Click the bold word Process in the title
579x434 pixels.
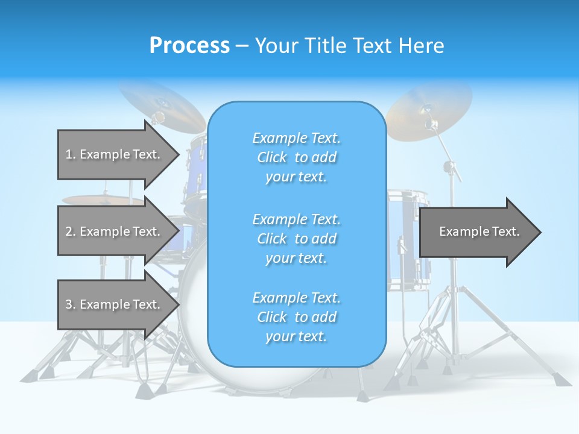pyautogui.click(x=189, y=46)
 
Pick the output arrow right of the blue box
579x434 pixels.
pyautogui.click(x=479, y=231)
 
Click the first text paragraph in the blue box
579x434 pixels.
pyautogui.click(x=296, y=157)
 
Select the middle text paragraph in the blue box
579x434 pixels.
pyautogui.click(x=296, y=239)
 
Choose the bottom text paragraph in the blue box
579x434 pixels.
pyautogui.click(x=296, y=317)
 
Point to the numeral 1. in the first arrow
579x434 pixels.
pyautogui.click(x=71, y=154)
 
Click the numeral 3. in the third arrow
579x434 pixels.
pyautogui.click(x=71, y=304)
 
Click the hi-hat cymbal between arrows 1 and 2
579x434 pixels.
pyautogui.click(x=103, y=200)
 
